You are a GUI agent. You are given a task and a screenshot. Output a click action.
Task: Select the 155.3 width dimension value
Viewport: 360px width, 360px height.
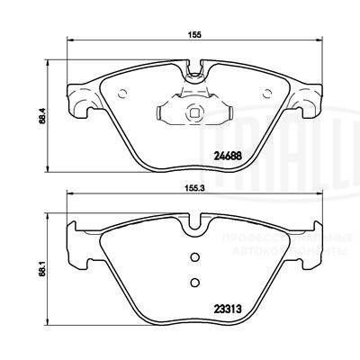(193, 190)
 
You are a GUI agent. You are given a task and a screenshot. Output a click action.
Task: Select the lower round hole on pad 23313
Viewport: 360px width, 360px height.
(193, 283)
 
